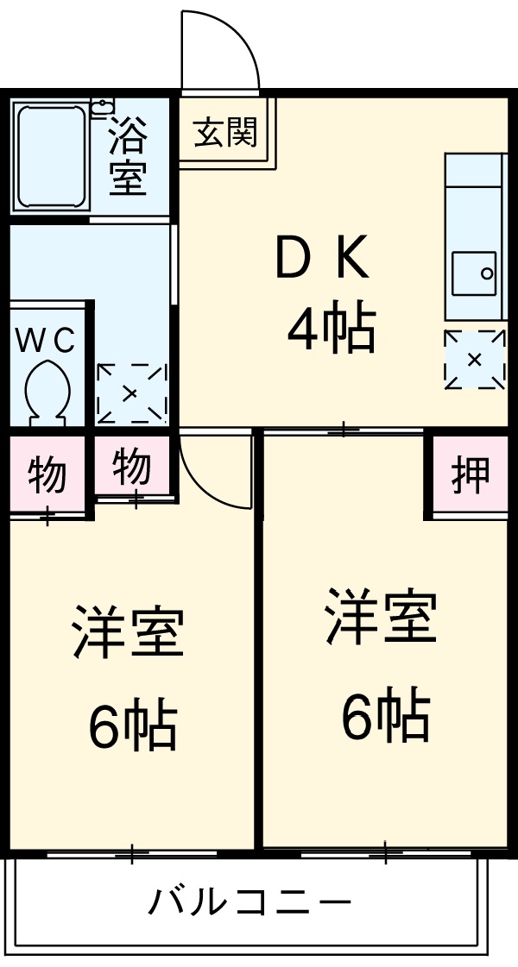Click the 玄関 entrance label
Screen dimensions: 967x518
pyautogui.click(x=225, y=133)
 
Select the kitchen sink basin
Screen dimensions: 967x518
pyautogui.click(x=473, y=274)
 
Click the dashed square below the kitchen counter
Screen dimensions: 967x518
pyautogui.click(x=474, y=360)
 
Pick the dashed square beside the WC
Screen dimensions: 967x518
pyautogui.click(x=131, y=393)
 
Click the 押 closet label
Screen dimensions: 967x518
pyautogui.click(x=471, y=474)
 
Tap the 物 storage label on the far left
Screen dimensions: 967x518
pyautogui.click(x=47, y=475)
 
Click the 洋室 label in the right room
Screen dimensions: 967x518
pyautogui.click(x=381, y=616)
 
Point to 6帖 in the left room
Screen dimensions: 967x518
pyautogui.click(x=132, y=725)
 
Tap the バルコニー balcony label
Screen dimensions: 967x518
pyautogui.click(x=250, y=903)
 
